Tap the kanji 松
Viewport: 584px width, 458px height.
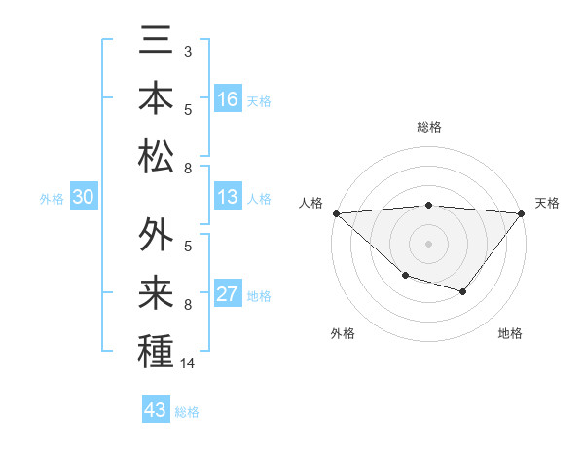[156, 156]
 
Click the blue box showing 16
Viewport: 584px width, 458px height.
[228, 98]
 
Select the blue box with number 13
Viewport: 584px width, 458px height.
[228, 197]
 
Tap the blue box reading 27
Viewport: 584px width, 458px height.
[228, 294]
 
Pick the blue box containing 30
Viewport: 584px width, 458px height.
[83, 197]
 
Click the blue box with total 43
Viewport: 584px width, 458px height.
[155, 409]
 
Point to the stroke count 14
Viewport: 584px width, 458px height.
[189, 363]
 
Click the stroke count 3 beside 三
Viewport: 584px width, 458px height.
[188, 50]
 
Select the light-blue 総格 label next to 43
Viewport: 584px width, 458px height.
[188, 412]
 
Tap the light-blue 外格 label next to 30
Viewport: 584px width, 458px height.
[52, 199]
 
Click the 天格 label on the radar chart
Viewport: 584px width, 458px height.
[548, 203]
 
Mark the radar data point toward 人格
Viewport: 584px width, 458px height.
[336, 212]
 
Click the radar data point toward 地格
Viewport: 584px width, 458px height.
[463, 291]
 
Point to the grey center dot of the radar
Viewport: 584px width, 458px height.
[428, 243]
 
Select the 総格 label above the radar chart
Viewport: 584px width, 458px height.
[429, 127]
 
